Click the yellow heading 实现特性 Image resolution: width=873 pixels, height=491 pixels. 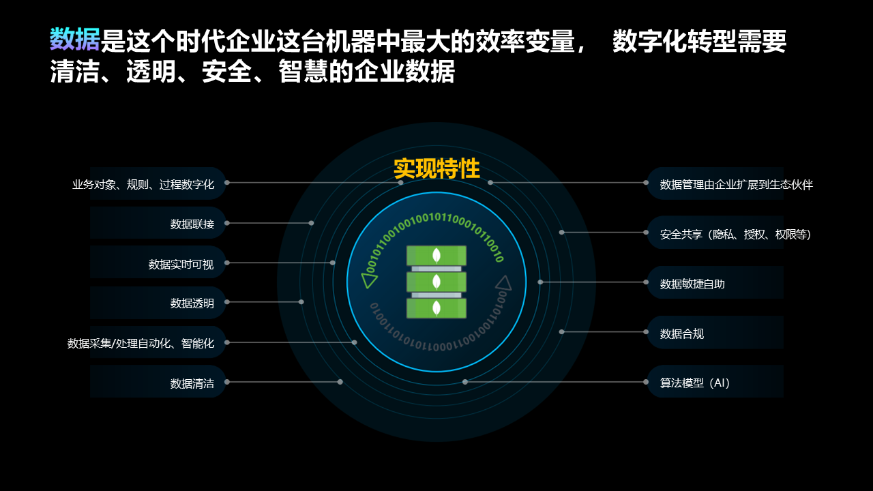pyautogui.click(x=436, y=169)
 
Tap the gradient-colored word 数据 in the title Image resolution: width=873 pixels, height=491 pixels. pyautogui.click(x=75, y=41)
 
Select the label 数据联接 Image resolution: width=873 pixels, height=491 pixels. pyautogui.click(x=192, y=224)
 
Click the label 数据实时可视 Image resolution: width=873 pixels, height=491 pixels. pyautogui.click(x=181, y=264)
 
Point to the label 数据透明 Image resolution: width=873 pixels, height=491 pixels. pyautogui.click(x=192, y=303)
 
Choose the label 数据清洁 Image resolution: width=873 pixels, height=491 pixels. pyautogui.click(x=192, y=383)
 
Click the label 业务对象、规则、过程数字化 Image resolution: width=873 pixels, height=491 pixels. pyautogui.click(x=143, y=184)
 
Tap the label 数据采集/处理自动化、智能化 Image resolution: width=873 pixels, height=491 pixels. pyautogui.click(x=140, y=343)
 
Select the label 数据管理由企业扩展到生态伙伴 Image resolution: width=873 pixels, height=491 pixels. pyautogui.click(x=737, y=184)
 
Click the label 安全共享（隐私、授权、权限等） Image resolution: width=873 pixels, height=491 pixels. pyautogui.click(x=735, y=235)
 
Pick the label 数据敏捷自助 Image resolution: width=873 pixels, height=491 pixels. pyautogui.click(x=692, y=284)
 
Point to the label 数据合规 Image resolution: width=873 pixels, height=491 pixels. pyautogui.click(x=682, y=333)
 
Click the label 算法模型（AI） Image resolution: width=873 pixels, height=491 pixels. pyautogui.click(x=695, y=383)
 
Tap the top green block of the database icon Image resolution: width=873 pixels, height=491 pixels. pyautogui.click(x=436, y=255)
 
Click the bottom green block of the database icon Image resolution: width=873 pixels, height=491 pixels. pyautogui.click(x=436, y=308)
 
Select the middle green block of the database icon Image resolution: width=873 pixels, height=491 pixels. pyautogui.click(x=436, y=282)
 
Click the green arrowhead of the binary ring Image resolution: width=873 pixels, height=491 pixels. pyautogui.click(x=370, y=280)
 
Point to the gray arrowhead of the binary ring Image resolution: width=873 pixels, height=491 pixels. pyautogui.click(x=503, y=282)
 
